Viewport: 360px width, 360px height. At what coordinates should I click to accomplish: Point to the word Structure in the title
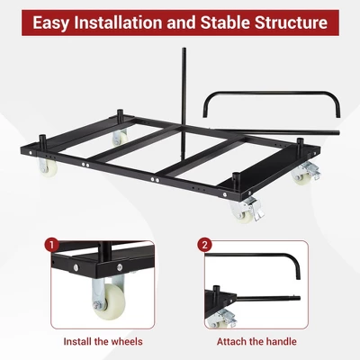pyautogui.click(x=294, y=22)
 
